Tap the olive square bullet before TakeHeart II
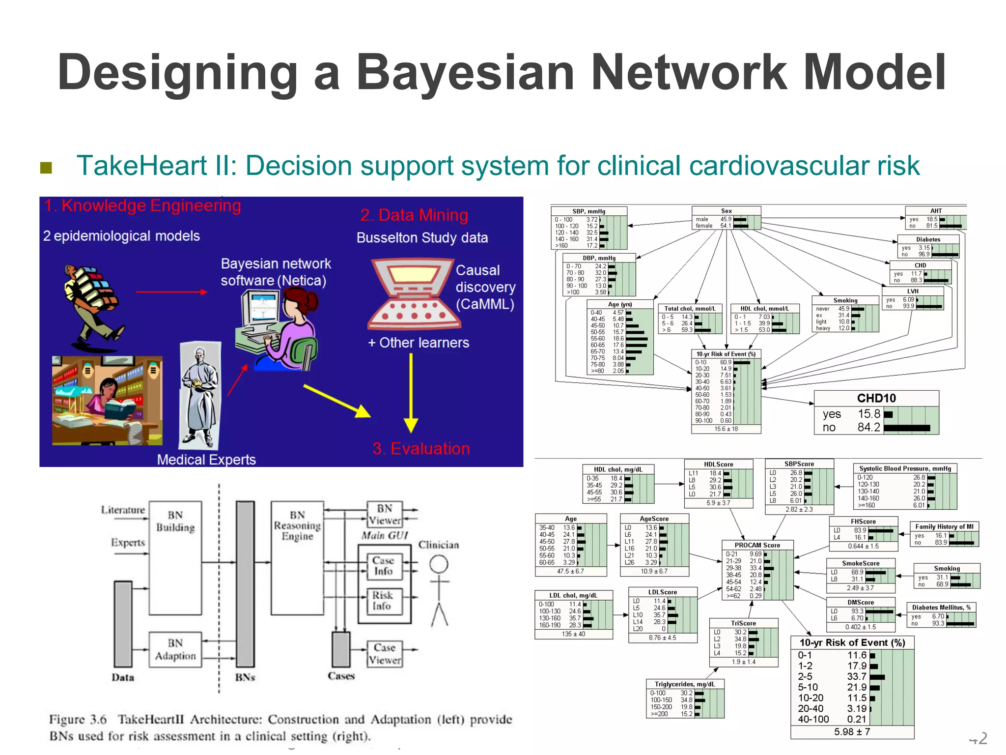pyautogui.click(x=46, y=168)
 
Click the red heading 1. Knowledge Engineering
pyautogui.click(x=142, y=205)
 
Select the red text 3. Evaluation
pyautogui.click(x=421, y=448)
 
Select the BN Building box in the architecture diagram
pyautogui.click(x=175, y=558)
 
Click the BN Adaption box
pyautogui.click(x=175, y=649)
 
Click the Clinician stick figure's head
pyautogui.click(x=439, y=564)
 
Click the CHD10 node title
pyautogui.click(x=876, y=398)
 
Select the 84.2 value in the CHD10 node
pyautogui.click(x=868, y=427)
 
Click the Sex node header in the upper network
pyautogui.click(x=726, y=211)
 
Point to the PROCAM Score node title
pyautogui.click(x=757, y=545)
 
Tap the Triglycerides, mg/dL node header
pyautogui.click(x=685, y=684)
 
